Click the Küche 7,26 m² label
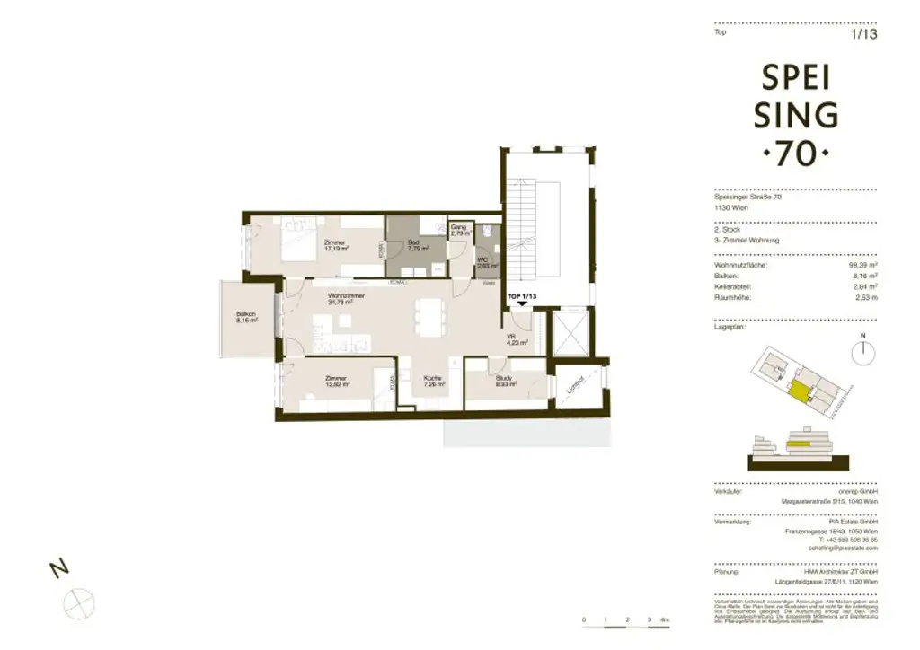pos(435,382)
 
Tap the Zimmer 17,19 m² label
pos(336,244)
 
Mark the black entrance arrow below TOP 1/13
pos(523,305)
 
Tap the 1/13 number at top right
pos(862,35)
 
